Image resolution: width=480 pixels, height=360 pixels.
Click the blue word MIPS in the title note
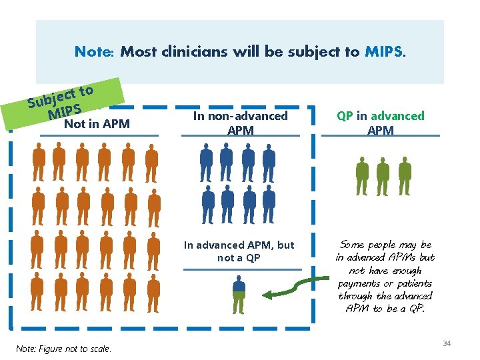[384, 51]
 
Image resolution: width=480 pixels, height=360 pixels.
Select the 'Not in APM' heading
[97, 123]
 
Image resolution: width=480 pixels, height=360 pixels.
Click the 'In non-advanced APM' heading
[240, 123]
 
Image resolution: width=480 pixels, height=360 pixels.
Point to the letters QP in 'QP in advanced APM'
[345, 116]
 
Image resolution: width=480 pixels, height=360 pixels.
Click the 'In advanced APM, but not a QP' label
[239, 251]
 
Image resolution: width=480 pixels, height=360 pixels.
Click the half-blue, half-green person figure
[238, 294]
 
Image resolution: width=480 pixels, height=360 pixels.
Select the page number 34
[447, 343]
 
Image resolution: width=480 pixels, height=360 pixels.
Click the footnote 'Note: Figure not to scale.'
[64, 349]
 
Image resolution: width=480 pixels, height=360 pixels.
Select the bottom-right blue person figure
[269, 203]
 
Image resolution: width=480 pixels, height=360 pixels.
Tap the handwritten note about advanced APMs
[385, 277]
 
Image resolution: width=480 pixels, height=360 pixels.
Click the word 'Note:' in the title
[95, 51]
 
